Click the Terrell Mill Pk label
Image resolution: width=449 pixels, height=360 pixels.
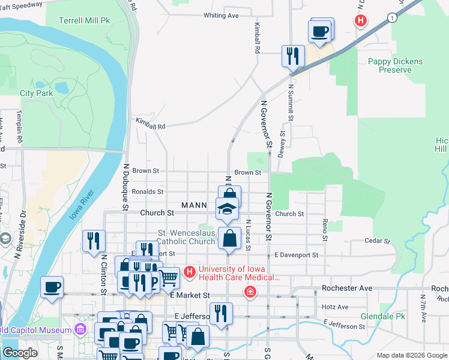click(x=84, y=20)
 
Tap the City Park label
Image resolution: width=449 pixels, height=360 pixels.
click(x=36, y=93)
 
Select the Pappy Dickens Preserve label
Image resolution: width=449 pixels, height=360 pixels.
click(x=395, y=65)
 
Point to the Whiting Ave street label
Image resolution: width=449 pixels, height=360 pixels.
click(x=221, y=15)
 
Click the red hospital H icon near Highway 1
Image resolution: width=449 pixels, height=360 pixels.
click(x=360, y=20)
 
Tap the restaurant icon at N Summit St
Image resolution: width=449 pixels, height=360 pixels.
click(x=293, y=57)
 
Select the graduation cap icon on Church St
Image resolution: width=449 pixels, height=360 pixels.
click(x=228, y=209)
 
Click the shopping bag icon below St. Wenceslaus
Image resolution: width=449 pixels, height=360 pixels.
click(x=229, y=238)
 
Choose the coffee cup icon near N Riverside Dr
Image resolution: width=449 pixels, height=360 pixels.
click(x=52, y=286)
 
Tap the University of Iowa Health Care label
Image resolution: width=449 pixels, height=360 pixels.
click(x=239, y=273)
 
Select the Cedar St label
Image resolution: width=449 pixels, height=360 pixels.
click(x=378, y=241)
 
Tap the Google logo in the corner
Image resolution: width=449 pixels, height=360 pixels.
click(x=20, y=353)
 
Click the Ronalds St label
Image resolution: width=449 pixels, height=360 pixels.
click(x=148, y=192)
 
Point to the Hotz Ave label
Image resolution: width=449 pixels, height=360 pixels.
click(x=335, y=307)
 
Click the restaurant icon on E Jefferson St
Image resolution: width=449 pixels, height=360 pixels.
click(x=221, y=314)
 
